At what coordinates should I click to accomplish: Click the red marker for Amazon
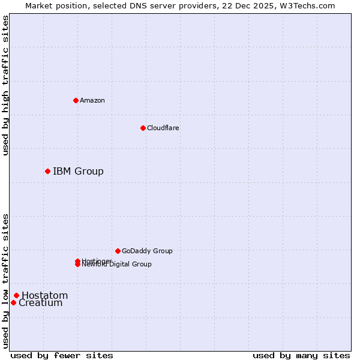tap(76, 100)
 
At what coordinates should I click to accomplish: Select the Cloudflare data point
tap(143, 128)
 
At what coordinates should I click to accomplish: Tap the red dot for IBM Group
tap(47, 172)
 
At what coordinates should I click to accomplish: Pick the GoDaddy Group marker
tap(118, 251)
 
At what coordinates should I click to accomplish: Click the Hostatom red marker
tap(16, 295)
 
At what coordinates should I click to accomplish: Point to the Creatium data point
tap(13, 302)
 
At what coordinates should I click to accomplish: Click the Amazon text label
tap(92, 100)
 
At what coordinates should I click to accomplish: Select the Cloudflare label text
tap(163, 128)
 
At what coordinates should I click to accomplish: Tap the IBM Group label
tap(78, 172)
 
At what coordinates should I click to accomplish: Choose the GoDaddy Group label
tap(147, 251)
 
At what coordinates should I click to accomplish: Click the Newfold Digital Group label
tap(117, 265)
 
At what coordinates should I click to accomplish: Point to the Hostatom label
tap(44, 295)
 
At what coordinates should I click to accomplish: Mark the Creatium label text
tap(41, 303)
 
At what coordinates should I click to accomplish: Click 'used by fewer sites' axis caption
tap(62, 355)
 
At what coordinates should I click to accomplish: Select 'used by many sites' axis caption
tap(301, 355)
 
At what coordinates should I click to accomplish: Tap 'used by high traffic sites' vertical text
tap(5, 85)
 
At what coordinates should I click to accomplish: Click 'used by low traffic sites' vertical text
tap(5, 281)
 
